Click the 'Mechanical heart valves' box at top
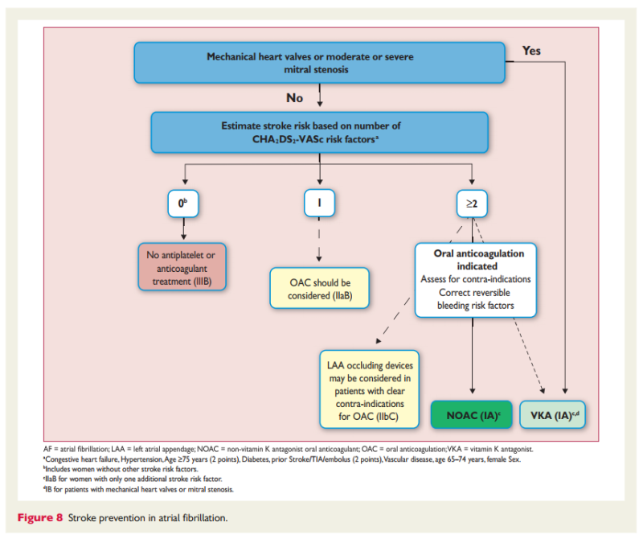pyautogui.click(x=321, y=63)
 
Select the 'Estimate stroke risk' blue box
pyautogui.click(x=321, y=132)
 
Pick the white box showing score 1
pyautogui.click(x=320, y=204)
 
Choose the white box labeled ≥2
pyautogui.click(x=471, y=204)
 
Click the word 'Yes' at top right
pyautogui.click(x=531, y=51)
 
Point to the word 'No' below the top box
pyautogui.click(x=295, y=97)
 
